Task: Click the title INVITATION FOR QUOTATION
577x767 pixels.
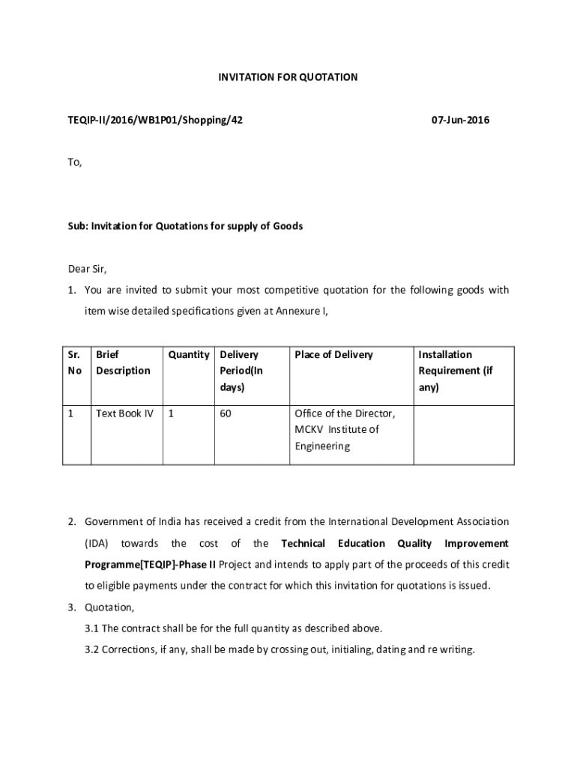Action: (288, 77)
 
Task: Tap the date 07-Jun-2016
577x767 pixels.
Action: (460, 119)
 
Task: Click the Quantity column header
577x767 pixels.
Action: (188, 354)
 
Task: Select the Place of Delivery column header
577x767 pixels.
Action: (333, 354)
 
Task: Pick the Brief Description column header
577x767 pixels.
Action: (123, 363)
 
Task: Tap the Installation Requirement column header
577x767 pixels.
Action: (456, 371)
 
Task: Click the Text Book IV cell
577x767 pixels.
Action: (124, 413)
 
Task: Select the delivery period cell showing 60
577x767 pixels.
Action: (226, 413)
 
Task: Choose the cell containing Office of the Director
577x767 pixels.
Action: (345, 429)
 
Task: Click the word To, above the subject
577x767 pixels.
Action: (75, 162)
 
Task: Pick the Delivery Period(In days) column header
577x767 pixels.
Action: (241, 371)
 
